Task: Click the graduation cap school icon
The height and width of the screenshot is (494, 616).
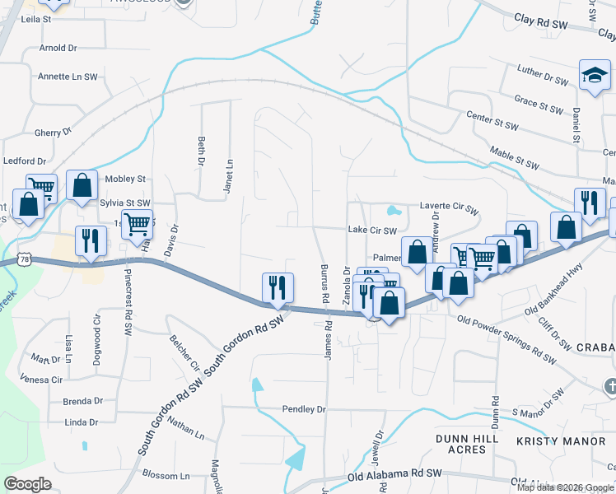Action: pos(595,76)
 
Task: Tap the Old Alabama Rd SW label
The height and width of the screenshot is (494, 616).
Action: pos(394,475)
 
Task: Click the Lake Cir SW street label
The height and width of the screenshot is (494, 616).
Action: pos(372,231)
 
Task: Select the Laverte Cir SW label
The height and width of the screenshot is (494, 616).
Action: pos(449,209)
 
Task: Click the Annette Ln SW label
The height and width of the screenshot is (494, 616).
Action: pos(68,77)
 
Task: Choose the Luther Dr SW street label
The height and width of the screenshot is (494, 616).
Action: pos(543,76)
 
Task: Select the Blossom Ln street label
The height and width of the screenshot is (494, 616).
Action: pos(166,476)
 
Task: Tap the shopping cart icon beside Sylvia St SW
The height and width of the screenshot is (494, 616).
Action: pos(138,221)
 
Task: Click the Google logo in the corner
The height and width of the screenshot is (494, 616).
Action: pos(27,484)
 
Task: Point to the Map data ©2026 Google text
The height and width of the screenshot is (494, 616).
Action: pos(565,487)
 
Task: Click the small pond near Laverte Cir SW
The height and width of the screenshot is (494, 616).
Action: pos(393,209)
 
